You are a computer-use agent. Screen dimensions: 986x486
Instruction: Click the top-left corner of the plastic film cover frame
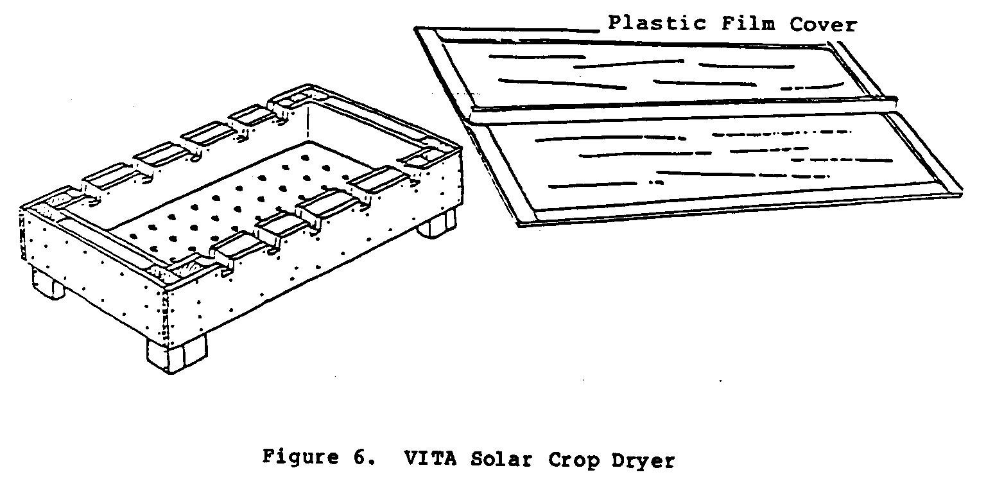coord(415,28)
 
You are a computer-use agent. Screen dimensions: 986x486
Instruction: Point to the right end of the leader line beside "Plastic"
coord(600,31)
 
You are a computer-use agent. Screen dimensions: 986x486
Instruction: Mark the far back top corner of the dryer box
coord(308,85)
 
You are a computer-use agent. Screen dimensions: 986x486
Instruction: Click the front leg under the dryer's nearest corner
coord(177,355)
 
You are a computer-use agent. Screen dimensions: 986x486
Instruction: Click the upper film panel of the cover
coord(652,73)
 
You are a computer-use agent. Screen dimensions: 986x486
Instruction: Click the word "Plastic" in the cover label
coord(657,23)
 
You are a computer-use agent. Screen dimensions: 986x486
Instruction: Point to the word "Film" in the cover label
coord(748,23)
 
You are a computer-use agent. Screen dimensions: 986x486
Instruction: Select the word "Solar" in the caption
coord(501,459)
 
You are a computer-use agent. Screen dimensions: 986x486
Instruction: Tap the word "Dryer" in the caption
coord(643,461)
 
